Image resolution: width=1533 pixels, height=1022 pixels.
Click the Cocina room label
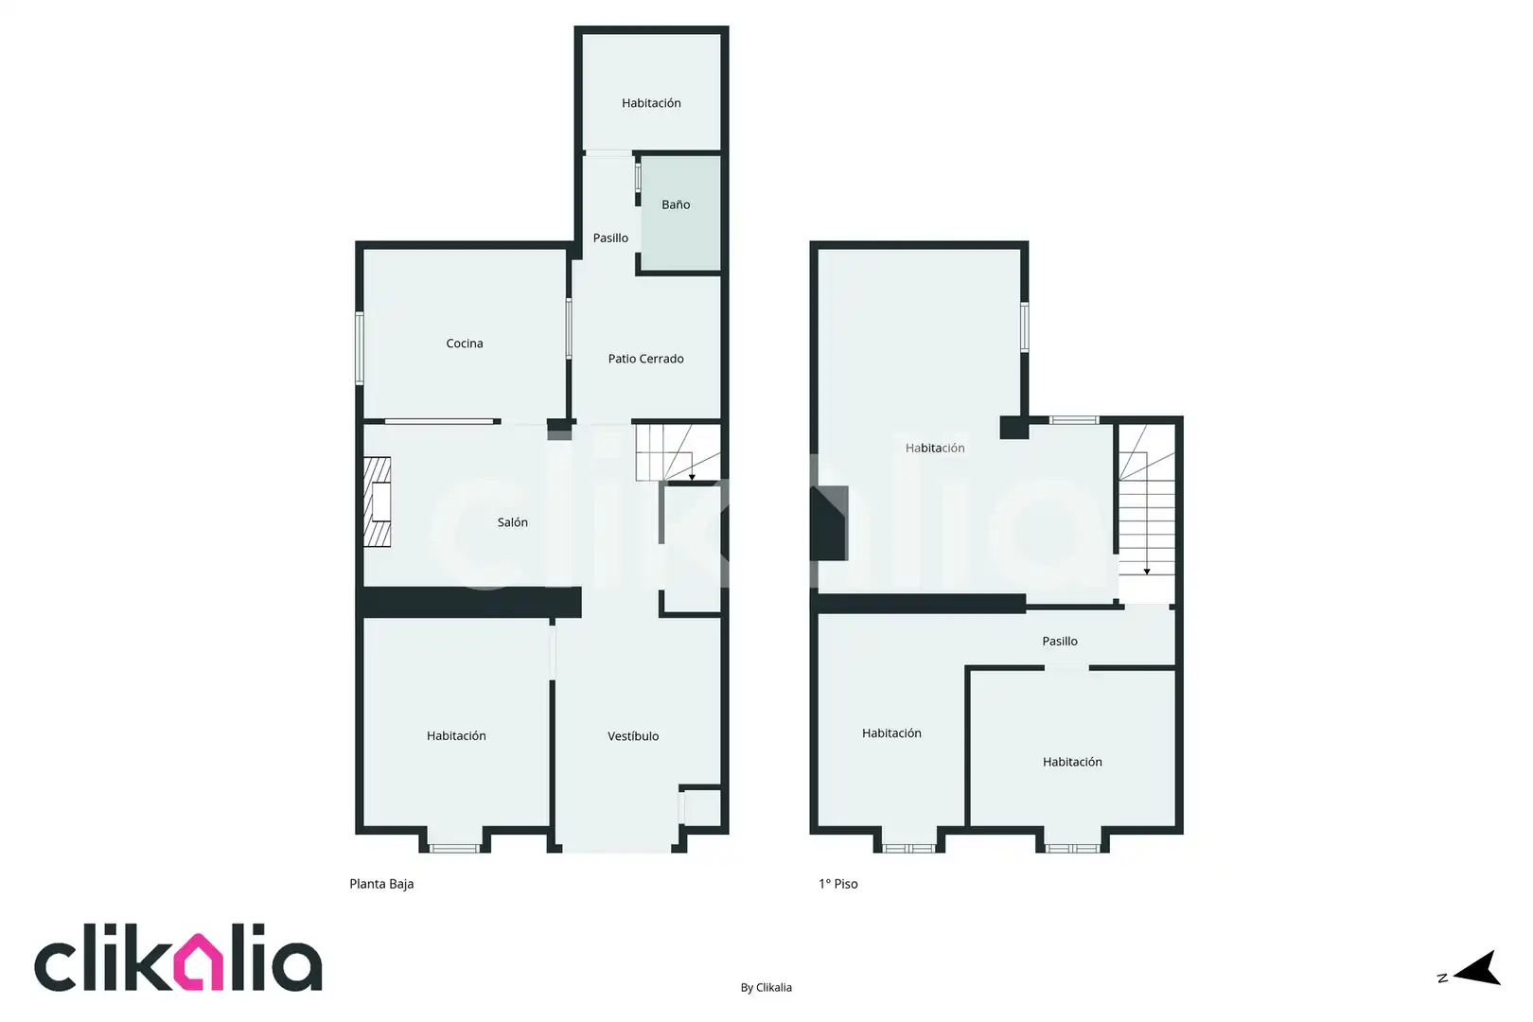(464, 343)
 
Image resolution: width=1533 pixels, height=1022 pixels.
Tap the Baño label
(676, 204)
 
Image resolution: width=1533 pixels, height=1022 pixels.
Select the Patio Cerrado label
(645, 358)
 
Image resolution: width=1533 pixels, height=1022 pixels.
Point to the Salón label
(512, 521)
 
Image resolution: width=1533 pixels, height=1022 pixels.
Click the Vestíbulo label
(633, 736)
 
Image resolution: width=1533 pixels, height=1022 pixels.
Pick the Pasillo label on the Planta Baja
(610, 238)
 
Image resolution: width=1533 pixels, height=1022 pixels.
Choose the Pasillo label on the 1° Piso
(1060, 641)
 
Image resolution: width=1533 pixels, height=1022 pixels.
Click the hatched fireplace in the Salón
(377, 502)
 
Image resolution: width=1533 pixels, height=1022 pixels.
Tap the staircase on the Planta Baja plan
(678, 451)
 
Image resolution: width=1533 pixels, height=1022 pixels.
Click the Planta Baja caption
(381, 884)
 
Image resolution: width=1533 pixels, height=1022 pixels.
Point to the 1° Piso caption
(837, 884)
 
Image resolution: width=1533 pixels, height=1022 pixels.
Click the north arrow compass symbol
(1477, 968)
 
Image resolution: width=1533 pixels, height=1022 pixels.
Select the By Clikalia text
(766, 987)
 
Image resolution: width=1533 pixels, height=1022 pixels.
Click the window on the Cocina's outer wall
(360, 347)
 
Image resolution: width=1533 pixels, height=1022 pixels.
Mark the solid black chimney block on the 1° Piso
(830, 523)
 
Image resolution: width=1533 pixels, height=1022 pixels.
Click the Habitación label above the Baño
(651, 103)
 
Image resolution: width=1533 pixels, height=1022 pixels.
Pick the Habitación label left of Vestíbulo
(456, 735)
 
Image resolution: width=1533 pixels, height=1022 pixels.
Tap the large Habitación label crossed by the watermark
(935, 448)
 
